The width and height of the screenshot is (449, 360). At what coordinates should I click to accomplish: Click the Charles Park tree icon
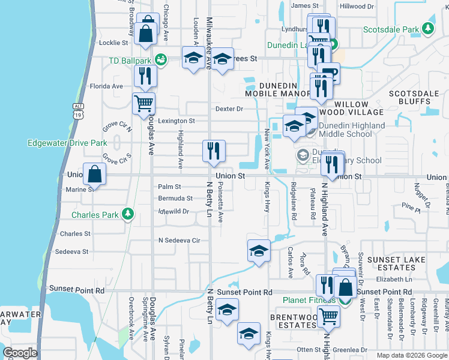tap(127, 214)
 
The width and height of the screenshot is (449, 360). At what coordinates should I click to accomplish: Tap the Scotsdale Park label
tap(394, 29)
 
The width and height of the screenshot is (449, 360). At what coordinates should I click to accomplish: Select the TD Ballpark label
tap(130, 61)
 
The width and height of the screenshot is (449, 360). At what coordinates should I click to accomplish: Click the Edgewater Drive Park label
tap(67, 143)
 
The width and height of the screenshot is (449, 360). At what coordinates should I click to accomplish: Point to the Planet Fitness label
tap(309, 300)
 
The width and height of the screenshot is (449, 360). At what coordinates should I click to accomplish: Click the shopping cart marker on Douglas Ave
tap(144, 103)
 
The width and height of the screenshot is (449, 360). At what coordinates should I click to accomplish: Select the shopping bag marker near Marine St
tap(95, 174)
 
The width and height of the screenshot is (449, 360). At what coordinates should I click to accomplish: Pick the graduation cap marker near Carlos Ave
tap(259, 250)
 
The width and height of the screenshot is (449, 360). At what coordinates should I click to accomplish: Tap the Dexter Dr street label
tap(229, 109)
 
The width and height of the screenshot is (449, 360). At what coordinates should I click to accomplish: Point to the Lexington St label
tap(176, 121)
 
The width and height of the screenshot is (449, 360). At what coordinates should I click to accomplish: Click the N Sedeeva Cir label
tap(178, 240)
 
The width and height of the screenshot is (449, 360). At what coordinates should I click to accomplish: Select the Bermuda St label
tap(175, 198)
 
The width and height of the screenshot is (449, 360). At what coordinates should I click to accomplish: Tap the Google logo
tap(20, 352)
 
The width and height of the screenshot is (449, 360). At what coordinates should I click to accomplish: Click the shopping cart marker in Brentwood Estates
tap(328, 316)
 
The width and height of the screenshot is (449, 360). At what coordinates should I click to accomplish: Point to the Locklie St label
tap(113, 43)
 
